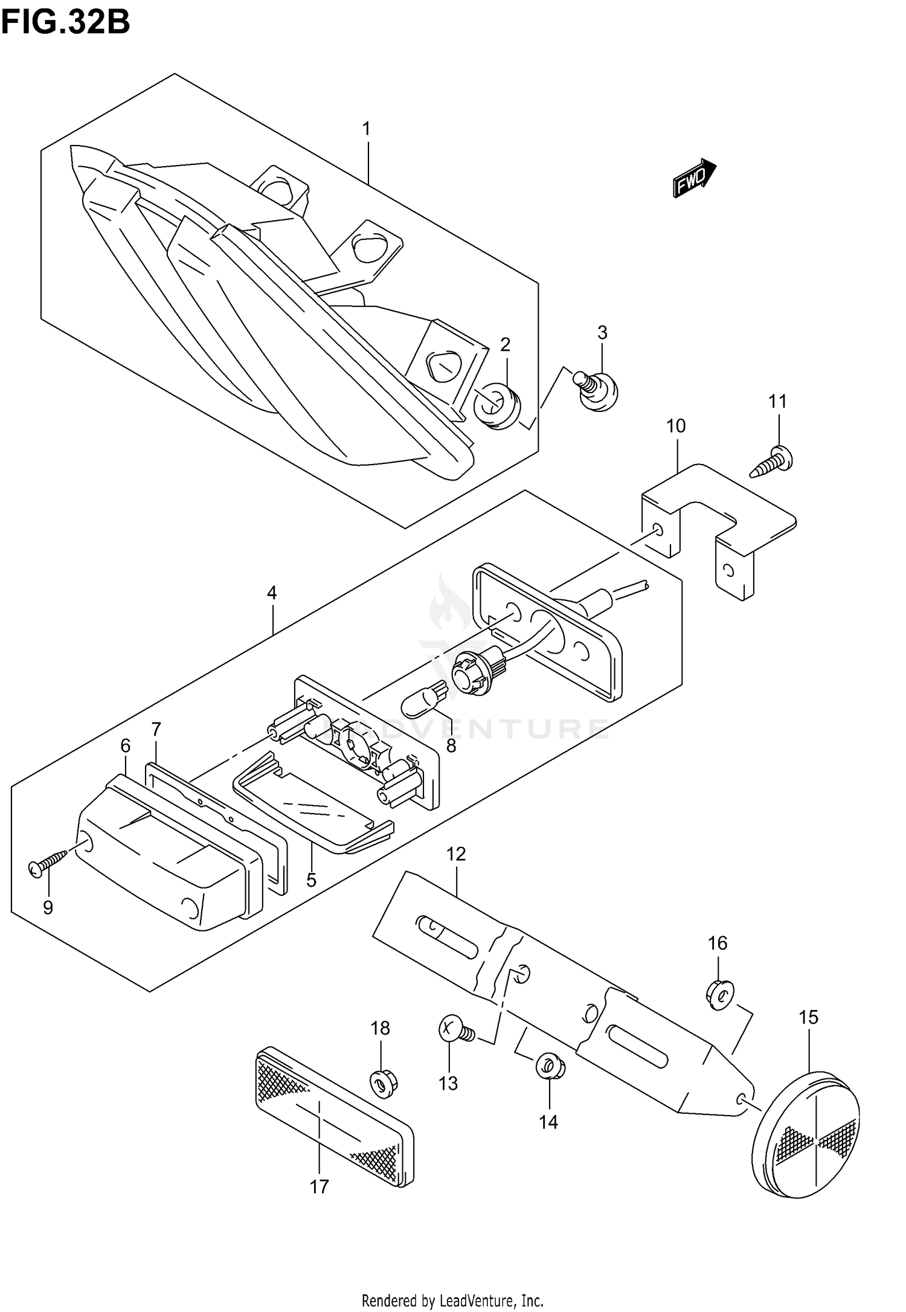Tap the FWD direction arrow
[x=694, y=179]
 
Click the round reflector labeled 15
[x=806, y=1134]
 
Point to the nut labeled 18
[x=383, y=1082]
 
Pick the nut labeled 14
[x=548, y=1067]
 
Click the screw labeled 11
[x=774, y=461]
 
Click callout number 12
[x=456, y=854]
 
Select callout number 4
[x=272, y=593]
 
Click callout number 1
[x=366, y=129]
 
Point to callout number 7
[x=156, y=729]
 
